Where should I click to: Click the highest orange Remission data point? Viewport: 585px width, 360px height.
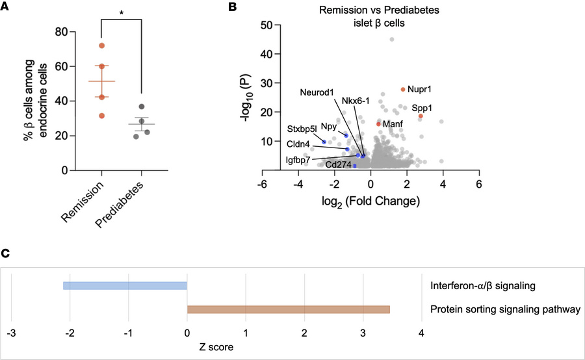pyautogui.click(x=102, y=45)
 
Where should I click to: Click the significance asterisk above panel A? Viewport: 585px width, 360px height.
pyautogui.click(x=121, y=12)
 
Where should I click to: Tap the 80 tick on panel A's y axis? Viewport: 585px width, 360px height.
pyautogui.click(x=61, y=32)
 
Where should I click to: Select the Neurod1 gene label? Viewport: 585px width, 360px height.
pyautogui.click(x=317, y=93)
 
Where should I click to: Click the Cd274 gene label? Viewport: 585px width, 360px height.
pyautogui.click(x=338, y=165)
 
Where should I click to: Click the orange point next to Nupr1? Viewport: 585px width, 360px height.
pyautogui.click(x=403, y=90)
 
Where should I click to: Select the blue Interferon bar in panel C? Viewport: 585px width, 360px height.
pyautogui.click(x=125, y=285)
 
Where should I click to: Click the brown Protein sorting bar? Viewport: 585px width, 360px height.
pyautogui.click(x=288, y=309)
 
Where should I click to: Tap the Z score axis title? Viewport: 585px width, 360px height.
pyautogui.click(x=216, y=347)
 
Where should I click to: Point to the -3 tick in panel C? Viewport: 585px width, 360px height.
pyautogui.click(x=11, y=333)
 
